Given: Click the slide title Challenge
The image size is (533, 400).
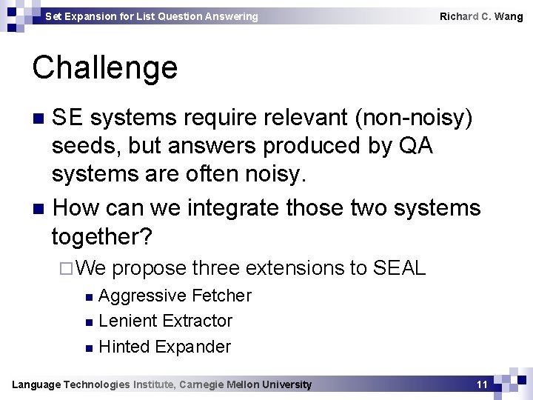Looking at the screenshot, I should click(x=105, y=68).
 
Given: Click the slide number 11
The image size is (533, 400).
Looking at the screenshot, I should click(x=482, y=384).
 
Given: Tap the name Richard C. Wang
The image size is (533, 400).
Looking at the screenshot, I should click(x=481, y=16).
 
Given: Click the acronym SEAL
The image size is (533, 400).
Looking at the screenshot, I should click(x=400, y=267).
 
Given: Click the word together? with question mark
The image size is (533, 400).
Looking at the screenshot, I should click(x=101, y=237).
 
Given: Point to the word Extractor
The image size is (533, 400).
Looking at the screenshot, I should click(x=198, y=321).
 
